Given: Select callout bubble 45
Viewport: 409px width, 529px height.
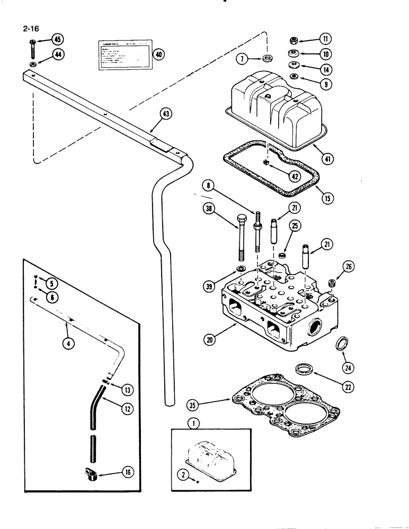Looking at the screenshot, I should click(57, 40).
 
